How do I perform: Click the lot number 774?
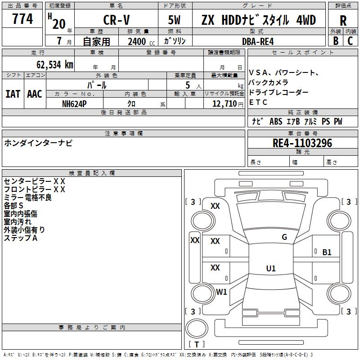coord(23,19)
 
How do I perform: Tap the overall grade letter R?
coord(343,20)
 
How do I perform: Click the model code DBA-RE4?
coord(258,41)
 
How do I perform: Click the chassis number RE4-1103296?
coord(302,143)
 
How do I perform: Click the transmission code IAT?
coord(13,94)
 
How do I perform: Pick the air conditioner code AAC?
coord(35,94)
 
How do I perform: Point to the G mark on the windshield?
coord(284,237)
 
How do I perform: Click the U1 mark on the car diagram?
coord(271,269)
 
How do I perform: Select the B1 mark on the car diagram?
coord(327,252)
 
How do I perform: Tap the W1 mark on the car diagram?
coord(222,292)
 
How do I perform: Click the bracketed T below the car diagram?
coord(197,345)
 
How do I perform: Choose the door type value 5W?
coord(175,20)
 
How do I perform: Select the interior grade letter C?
coord(350,41)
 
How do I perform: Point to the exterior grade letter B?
coord(336,41)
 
